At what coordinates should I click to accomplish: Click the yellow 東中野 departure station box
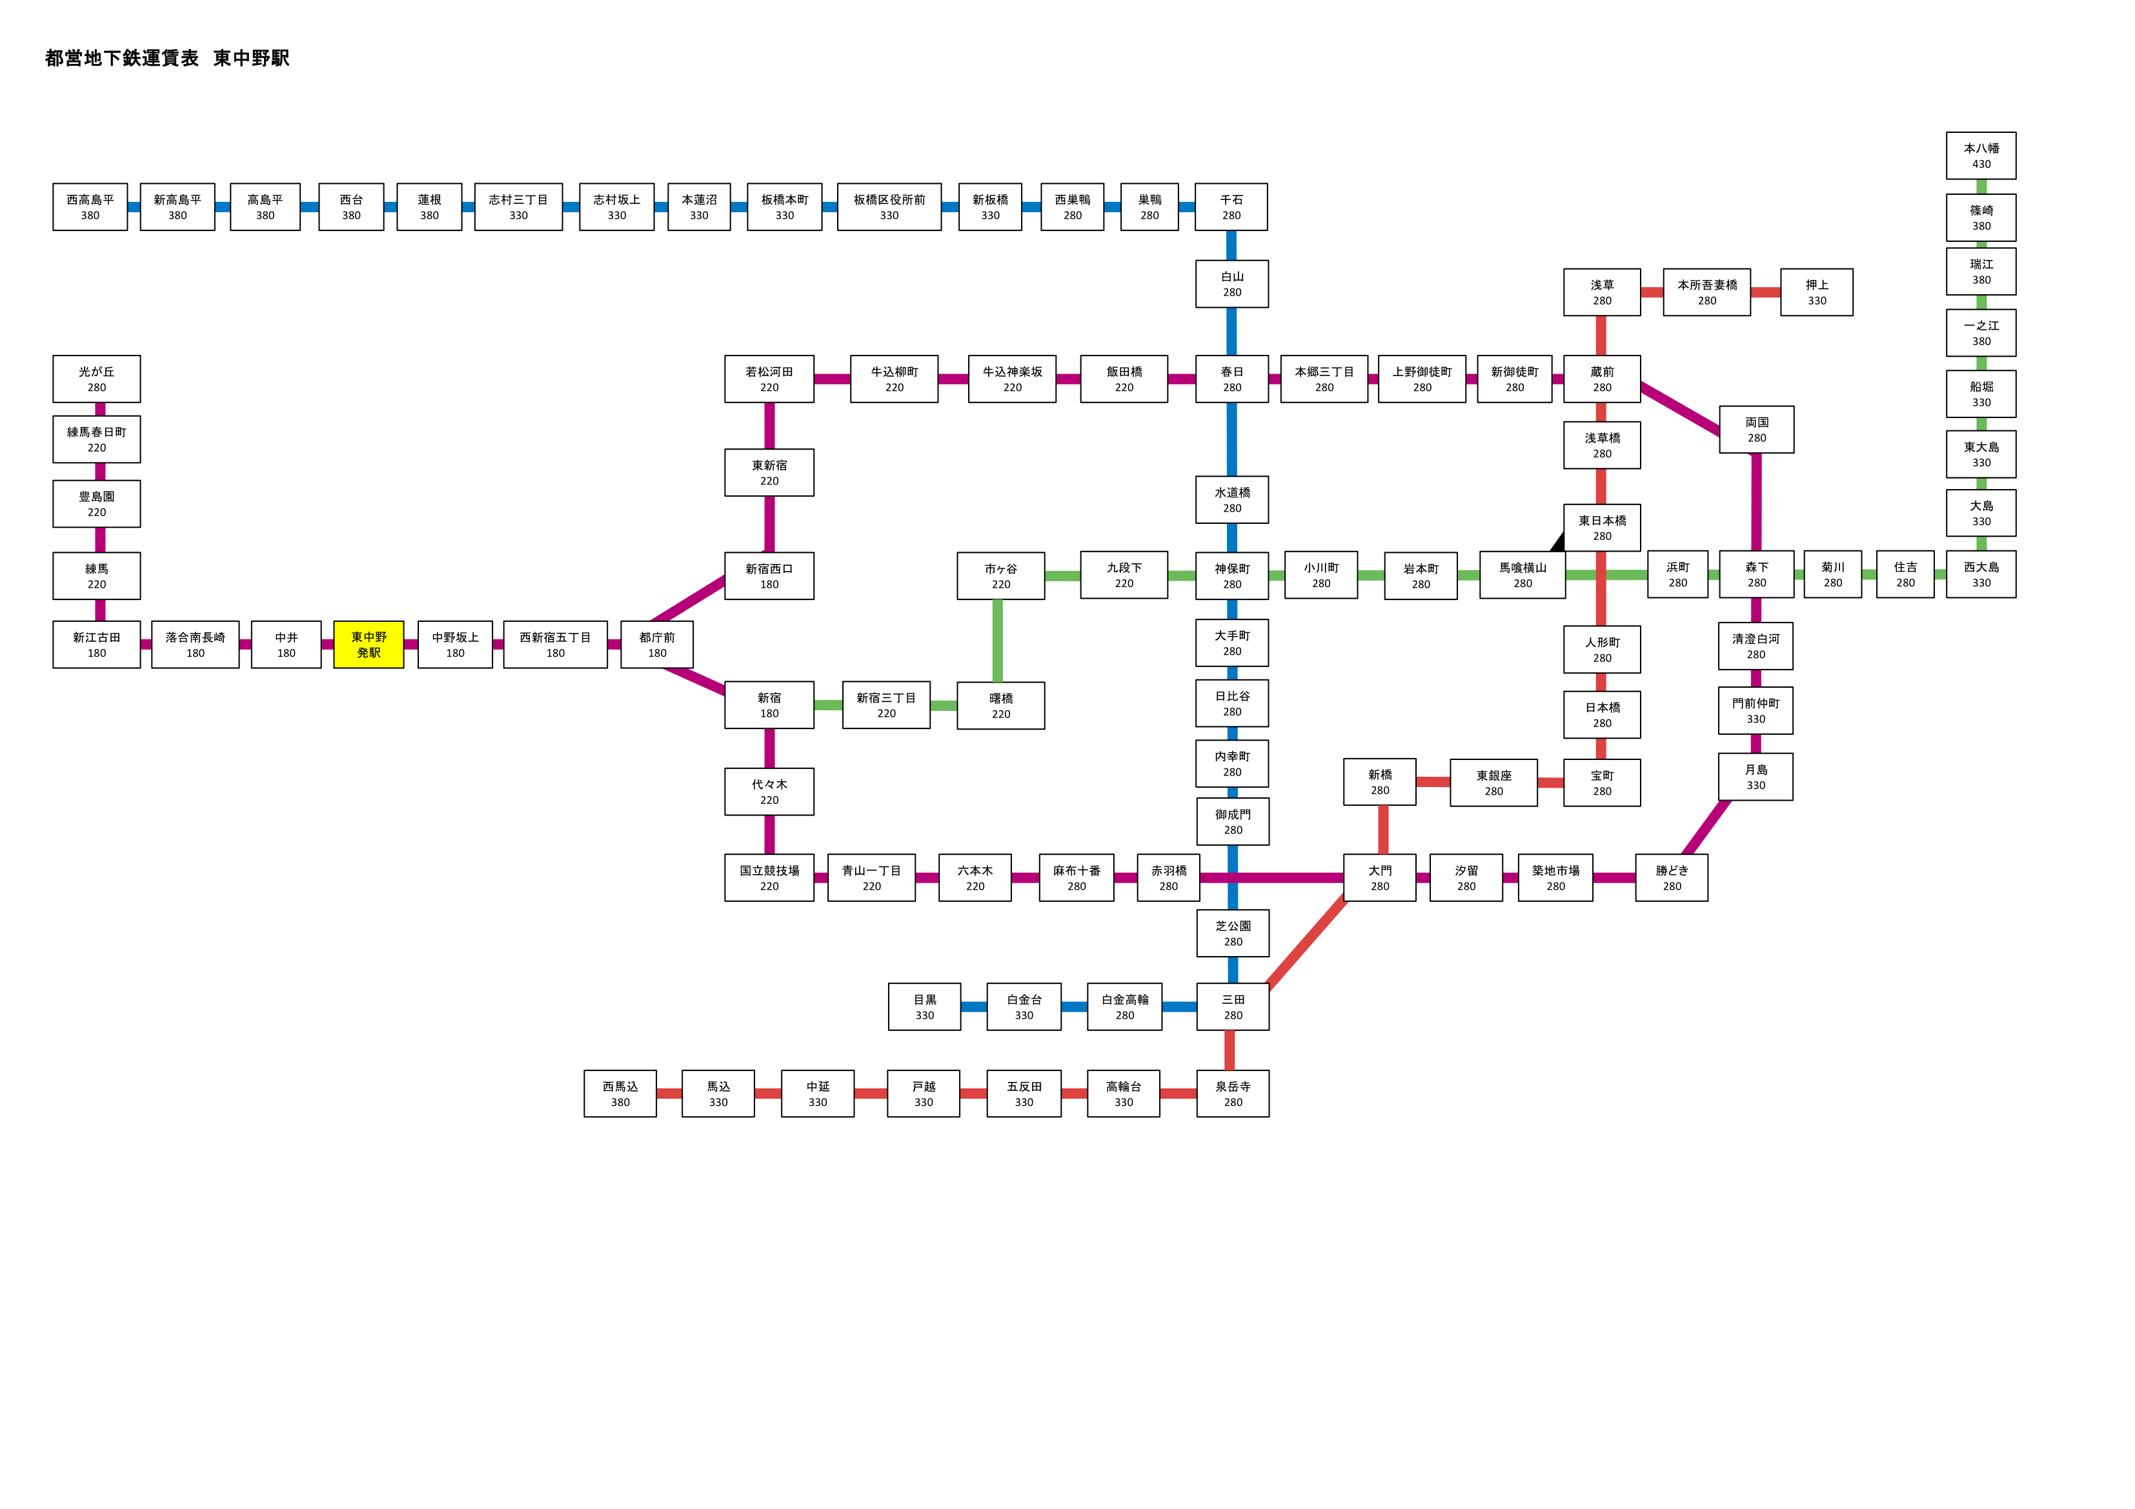pos(369,645)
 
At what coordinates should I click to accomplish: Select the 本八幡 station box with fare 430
pos(1981,155)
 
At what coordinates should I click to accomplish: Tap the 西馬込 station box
pos(620,1094)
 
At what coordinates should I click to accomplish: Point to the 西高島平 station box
pos(90,206)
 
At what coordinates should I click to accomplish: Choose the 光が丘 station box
pos(97,379)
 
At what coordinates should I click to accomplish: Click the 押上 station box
pos(1816,292)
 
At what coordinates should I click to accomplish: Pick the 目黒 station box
pos(924,1007)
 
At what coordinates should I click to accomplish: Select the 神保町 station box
pos(1232,575)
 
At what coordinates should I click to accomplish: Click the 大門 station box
pos(1380,877)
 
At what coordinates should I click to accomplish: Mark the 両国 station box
pos(1757,430)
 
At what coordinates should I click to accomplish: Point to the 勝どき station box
pos(1672,877)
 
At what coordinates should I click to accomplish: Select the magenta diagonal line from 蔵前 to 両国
pos(1680,408)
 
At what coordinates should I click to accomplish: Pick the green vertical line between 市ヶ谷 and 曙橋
pos(998,641)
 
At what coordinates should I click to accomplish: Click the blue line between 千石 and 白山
pos(1231,245)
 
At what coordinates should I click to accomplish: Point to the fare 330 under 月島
pos(1756,786)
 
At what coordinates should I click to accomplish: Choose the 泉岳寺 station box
pos(1233,1094)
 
